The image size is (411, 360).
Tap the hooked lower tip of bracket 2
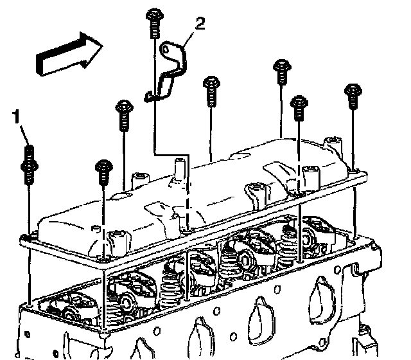tap(148, 98)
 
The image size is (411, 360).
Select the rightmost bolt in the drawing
tap(352, 96)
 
